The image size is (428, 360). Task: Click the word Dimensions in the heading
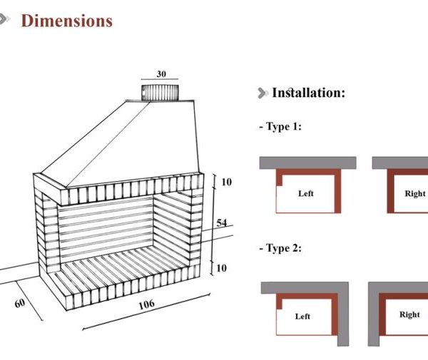click(67, 21)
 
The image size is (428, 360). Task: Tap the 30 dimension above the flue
click(161, 74)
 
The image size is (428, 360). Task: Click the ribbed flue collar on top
click(160, 93)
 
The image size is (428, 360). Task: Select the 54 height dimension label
click(221, 223)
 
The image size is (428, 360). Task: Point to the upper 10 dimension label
click(227, 182)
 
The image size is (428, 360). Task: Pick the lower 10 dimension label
click(221, 268)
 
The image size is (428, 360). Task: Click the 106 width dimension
click(146, 304)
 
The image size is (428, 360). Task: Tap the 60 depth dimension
click(20, 303)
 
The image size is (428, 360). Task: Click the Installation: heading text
click(309, 93)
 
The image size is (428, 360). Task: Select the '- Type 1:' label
click(280, 127)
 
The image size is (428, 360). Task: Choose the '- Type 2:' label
click(280, 248)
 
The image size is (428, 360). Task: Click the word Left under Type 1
click(306, 193)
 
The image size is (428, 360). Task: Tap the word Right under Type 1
click(415, 193)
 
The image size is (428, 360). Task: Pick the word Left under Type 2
click(302, 317)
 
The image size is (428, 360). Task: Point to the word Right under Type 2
click(409, 314)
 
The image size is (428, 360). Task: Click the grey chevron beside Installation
click(263, 93)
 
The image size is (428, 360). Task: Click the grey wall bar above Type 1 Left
click(307, 163)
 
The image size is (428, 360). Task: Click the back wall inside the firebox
click(106, 227)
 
